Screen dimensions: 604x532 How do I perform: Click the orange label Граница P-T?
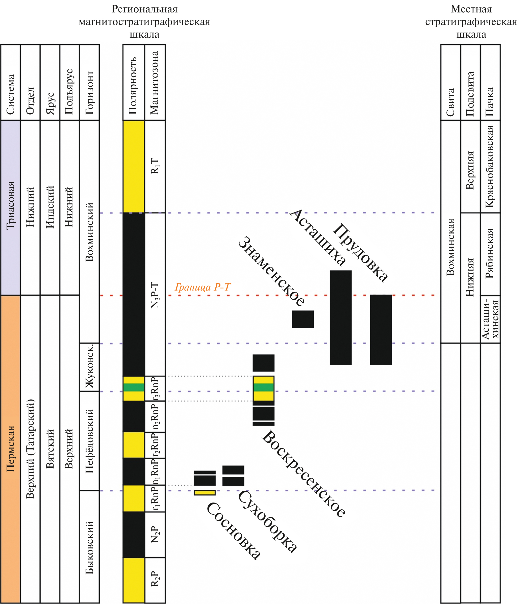[202, 287]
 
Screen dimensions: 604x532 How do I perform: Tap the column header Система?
[11, 95]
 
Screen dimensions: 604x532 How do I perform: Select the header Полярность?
[133, 86]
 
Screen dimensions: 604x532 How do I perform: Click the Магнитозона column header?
[155, 83]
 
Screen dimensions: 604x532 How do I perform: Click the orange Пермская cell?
[11, 449]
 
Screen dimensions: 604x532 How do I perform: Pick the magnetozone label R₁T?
[155, 166]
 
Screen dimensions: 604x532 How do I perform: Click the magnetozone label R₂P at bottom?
[155, 579]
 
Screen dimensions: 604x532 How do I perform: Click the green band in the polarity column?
[134, 387]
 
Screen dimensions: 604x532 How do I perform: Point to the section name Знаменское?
[271, 271]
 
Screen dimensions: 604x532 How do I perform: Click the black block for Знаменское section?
[303, 319]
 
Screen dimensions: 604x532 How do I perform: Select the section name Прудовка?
[360, 253]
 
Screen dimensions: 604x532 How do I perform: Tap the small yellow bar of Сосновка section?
[205, 493]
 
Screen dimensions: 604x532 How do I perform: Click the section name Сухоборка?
[267, 521]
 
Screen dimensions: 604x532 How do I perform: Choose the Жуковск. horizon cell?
[89, 367]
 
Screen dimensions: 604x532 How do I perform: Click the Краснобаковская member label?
[490, 166]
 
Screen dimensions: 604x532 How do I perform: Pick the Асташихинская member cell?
[490, 319]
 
